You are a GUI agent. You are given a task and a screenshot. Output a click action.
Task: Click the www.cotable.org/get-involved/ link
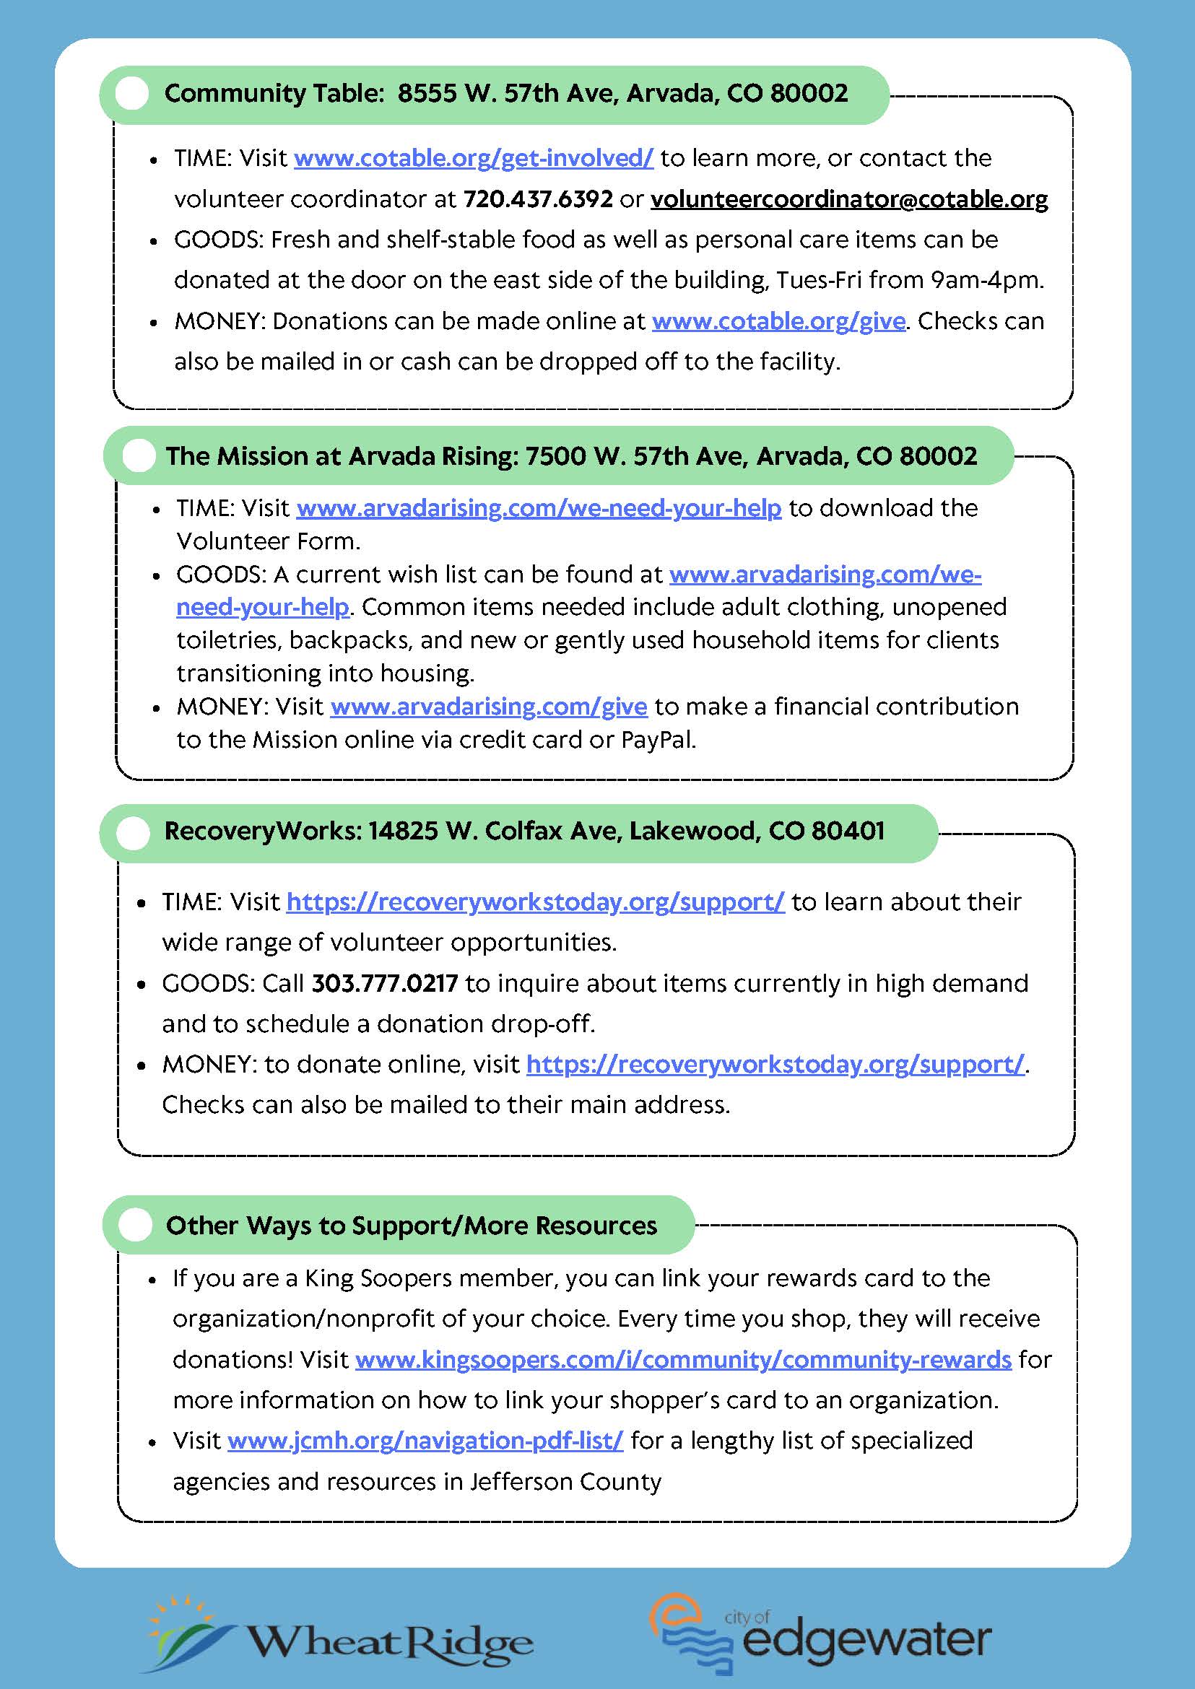click(473, 158)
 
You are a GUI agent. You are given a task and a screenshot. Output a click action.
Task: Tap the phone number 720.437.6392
click(538, 199)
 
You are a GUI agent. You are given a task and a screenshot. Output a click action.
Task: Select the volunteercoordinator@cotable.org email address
click(849, 199)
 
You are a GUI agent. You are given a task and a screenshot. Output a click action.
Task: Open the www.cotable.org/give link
click(778, 321)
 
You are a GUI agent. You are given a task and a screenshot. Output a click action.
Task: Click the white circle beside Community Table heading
click(132, 94)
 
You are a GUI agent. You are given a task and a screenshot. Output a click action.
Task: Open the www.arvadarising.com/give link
click(489, 707)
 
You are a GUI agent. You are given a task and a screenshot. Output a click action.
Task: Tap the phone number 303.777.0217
click(385, 984)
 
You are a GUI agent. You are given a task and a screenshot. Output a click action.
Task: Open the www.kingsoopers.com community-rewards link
click(683, 1359)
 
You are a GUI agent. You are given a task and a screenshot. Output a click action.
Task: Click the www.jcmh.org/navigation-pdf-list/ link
click(425, 1441)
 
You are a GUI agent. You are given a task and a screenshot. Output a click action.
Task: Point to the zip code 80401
click(848, 832)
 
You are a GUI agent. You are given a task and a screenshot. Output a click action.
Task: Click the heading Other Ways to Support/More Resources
click(412, 1226)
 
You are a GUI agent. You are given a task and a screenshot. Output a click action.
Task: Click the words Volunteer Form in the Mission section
click(268, 541)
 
